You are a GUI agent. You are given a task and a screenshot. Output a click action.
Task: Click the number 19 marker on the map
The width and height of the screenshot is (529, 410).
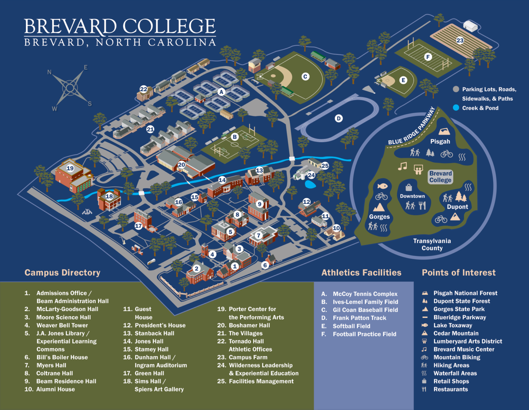point(70,168)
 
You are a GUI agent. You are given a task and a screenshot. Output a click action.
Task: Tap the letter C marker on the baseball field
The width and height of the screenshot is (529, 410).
point(305,76)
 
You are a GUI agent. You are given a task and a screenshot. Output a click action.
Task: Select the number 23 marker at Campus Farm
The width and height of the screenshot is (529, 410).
point(460,40)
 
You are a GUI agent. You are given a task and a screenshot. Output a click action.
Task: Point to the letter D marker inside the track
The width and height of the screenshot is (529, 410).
point(339,119)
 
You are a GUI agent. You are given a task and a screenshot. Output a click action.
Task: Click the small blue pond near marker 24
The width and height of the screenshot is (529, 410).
point(310,185)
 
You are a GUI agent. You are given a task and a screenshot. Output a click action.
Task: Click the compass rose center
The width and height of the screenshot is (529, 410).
point(70,87)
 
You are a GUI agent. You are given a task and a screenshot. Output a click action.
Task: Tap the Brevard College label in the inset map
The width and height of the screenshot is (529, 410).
point(440,177)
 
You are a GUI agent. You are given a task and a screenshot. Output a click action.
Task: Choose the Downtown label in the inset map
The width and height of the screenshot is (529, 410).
point(412,196)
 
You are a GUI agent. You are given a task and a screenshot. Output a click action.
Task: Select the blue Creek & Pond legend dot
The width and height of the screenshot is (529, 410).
point(456,108)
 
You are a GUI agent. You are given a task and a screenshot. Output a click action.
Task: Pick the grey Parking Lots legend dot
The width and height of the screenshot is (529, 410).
point(456,89)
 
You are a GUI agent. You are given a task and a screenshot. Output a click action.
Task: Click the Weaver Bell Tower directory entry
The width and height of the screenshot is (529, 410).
point(62,325)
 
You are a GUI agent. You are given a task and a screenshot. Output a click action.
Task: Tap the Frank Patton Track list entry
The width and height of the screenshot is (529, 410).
point(359,318)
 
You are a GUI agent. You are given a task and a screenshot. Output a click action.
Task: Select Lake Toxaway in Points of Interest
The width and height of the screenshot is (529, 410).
point(453,325)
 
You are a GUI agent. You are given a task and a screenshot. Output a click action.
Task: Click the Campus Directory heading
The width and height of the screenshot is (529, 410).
point(62,273)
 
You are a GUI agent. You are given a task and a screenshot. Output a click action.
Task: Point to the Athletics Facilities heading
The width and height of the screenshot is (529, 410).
point(361,273)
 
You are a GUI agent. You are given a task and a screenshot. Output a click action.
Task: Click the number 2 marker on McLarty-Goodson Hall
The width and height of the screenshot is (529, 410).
point(196,269)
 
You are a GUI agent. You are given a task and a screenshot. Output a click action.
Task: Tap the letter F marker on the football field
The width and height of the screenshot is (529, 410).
point(428,57)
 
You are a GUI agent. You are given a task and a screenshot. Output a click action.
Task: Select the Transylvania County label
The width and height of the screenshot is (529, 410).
point(432,244)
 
